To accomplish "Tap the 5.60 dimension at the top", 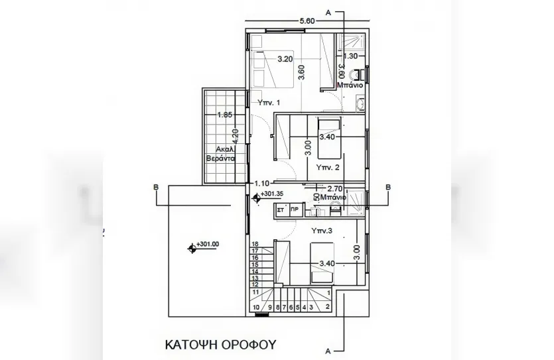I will (307, 21).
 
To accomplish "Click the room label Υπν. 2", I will (328, 166).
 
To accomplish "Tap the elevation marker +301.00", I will (207, 244).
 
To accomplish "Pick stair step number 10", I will (256, 308).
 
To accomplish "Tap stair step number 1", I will (329, 292).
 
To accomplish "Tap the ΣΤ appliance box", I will (280, 209).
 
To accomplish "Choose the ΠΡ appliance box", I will (294, 209).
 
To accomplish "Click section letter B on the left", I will (155, 187).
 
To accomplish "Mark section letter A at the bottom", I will (328, 349).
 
